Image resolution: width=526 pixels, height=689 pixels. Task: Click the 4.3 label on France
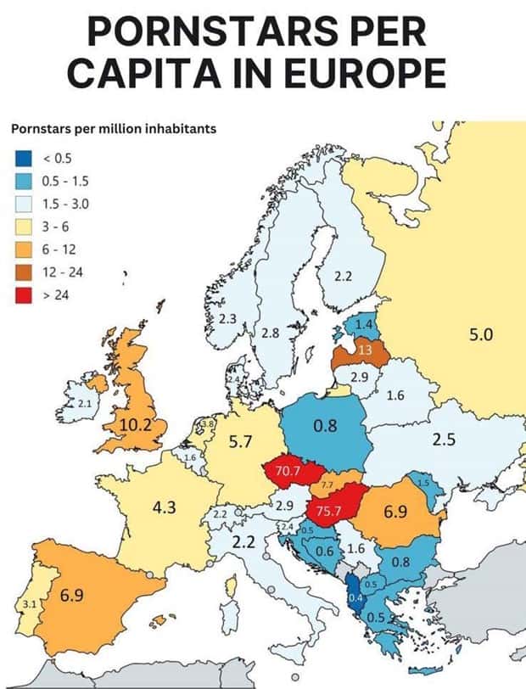click(164, 507)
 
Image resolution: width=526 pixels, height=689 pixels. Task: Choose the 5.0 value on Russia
click(480, 335)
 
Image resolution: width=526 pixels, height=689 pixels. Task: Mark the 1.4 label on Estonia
click(364, 325)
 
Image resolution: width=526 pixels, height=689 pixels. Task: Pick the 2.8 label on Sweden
click(270, 333)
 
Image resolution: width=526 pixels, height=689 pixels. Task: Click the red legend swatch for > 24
click(22, 294)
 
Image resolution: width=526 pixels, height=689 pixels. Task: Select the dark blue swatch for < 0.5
click(22, 157)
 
